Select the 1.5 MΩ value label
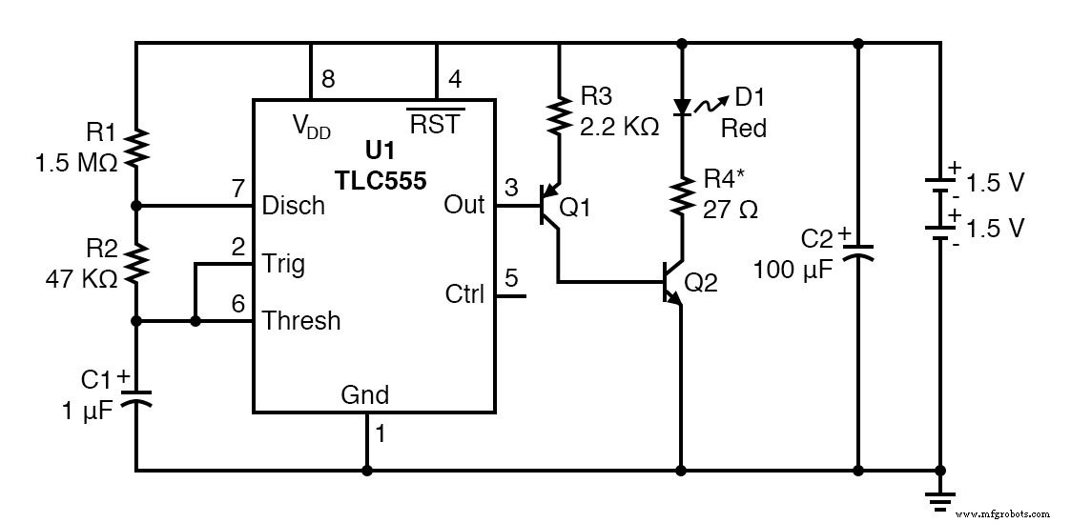[76, 163]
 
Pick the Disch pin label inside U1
[293, 206]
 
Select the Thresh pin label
[300, 321]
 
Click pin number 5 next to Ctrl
[511, 279]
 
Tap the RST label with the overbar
[434, 125]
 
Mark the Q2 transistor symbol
[673, 283]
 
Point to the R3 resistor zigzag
[558, 114]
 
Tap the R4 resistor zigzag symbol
[681, 195]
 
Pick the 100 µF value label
[793, 269]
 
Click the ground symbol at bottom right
[940, 493]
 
